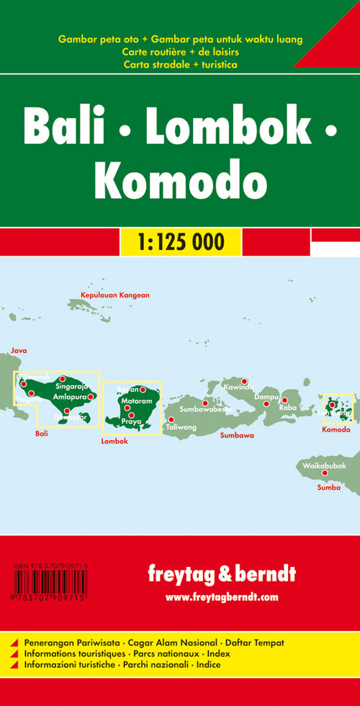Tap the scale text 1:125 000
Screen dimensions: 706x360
point(179,241)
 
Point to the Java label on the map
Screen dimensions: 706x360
point(19,350)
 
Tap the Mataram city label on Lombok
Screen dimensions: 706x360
point(136,401)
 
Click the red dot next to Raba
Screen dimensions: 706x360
point(284,401)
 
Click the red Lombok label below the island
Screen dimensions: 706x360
point(114,441)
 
